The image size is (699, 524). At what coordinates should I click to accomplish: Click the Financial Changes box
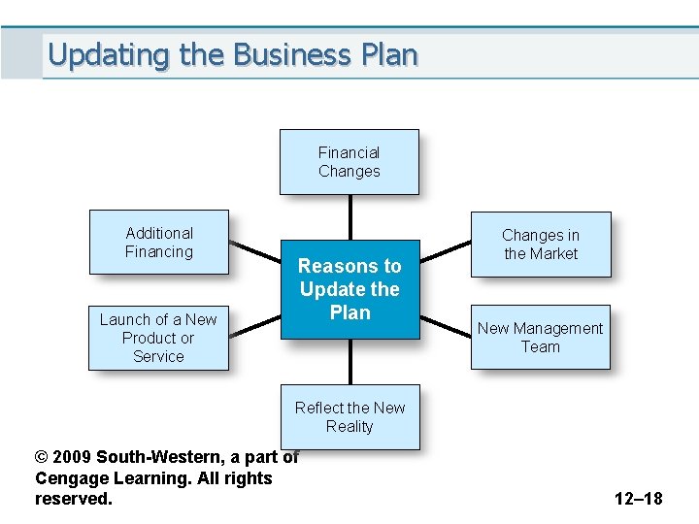tap(349, 162)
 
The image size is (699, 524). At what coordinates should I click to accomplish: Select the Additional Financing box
tap(159, 243)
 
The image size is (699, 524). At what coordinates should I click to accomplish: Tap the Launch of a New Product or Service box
tap(158, 338)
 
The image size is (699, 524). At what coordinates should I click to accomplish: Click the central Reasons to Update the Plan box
tap(349, 289)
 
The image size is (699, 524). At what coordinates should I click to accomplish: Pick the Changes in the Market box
tap(541, 245)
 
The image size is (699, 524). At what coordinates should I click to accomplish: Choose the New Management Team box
tap(541, 337)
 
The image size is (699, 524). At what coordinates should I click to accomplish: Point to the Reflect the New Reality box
tap(349, 417)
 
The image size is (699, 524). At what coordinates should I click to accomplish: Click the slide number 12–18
tap(638, 499)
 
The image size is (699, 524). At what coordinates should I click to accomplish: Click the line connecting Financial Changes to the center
tap(349, 217)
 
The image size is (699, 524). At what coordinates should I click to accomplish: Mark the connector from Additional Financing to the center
tap(254, 249)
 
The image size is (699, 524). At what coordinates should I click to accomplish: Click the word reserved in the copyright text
tap(73, 499)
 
